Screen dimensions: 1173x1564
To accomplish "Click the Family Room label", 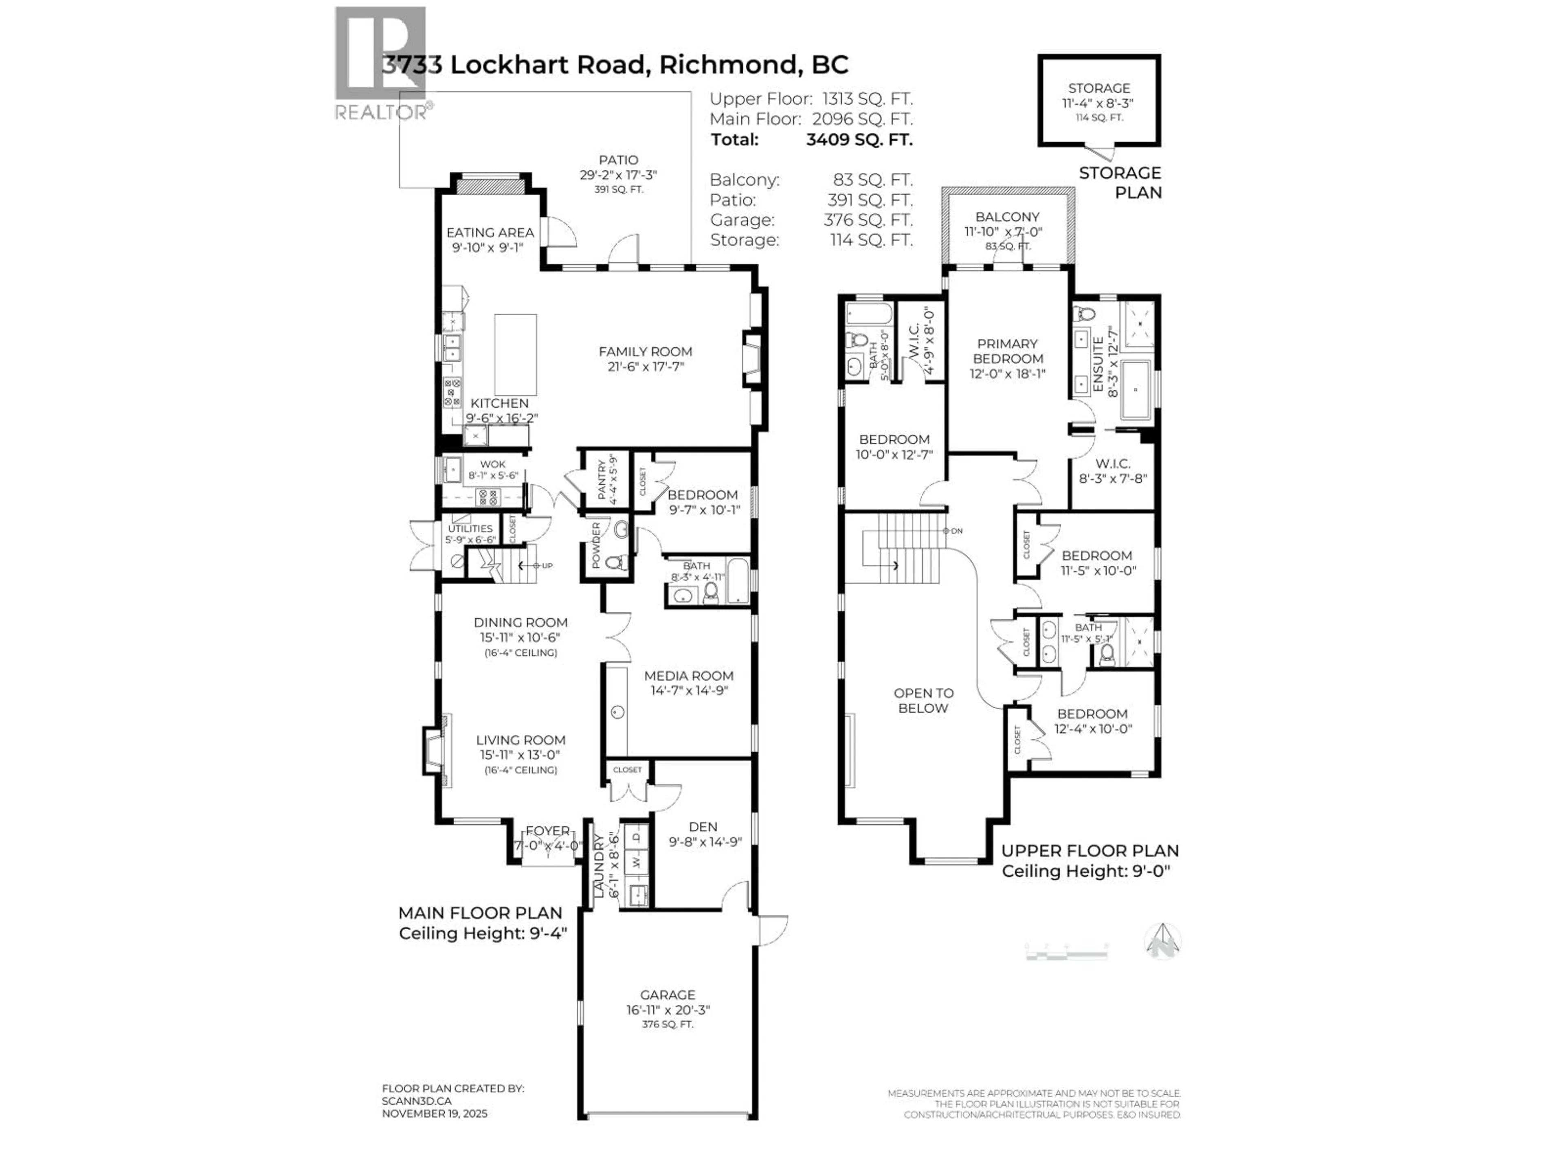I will click(645, 351).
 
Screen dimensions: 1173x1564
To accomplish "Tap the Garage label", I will click(668, 994).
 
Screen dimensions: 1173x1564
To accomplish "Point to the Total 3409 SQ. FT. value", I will click(859, 139).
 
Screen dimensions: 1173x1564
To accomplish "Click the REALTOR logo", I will click(380, 64).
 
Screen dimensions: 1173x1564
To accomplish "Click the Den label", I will click(703, 826).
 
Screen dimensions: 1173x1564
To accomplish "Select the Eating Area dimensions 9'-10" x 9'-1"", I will click(488, 248).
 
